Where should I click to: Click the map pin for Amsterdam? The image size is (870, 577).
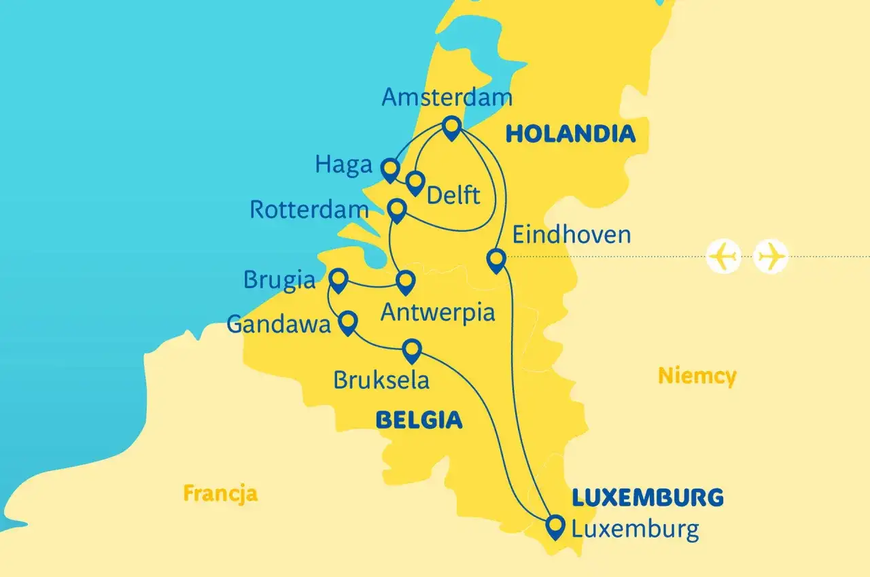(x=451, y=127)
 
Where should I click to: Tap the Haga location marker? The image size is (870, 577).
(x=389, y=169)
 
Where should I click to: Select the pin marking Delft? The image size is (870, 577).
(x=415, y=181)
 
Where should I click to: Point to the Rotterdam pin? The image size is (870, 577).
(x=396, y=209)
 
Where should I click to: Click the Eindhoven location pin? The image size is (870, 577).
(x=497, y=260)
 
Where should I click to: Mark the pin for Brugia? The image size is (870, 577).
(x=338, y=279)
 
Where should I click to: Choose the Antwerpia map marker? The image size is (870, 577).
(x=406, y=281)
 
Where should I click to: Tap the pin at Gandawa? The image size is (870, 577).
(x=348, y=321)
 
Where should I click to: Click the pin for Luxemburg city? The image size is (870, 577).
(x=555, y=525)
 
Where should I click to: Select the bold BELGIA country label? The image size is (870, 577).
(x=419, y=421)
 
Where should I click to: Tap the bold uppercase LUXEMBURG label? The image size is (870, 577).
(x=647, y=497)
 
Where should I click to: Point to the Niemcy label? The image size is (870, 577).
(x=697, y=375)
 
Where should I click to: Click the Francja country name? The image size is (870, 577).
(x=220, y=493)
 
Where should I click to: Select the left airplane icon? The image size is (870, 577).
(x=724, y=257)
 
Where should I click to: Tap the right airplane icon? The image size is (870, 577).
(x=771, y=257)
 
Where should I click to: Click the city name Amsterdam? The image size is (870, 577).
(x=447, y=97)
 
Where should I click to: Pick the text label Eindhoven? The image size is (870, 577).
(x=571, y=235)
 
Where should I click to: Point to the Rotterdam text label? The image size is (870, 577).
(x=309, y=209)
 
